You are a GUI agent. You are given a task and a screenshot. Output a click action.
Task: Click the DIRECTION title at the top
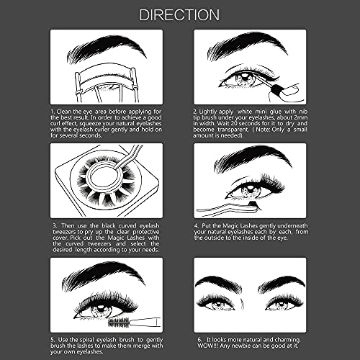tap(180, 14)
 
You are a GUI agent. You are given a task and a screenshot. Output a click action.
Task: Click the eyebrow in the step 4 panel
tap(252, 160)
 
